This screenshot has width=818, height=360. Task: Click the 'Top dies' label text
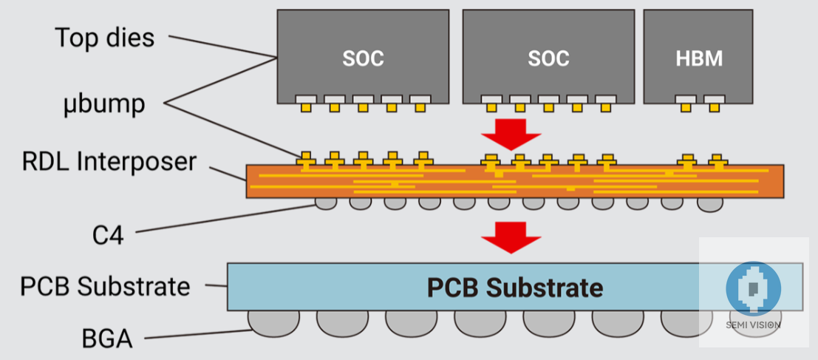105,38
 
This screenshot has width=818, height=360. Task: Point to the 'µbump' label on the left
103,103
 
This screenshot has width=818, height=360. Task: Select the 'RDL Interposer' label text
109,161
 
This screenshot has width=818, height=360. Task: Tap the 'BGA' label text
107,339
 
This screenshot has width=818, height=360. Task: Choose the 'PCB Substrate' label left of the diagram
105,285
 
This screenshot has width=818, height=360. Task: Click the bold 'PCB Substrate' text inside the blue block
515,287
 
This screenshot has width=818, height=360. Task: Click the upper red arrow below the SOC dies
511,133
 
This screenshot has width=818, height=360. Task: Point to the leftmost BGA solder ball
273,320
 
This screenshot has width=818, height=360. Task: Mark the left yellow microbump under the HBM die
686,108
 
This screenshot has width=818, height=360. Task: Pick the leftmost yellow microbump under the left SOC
305,108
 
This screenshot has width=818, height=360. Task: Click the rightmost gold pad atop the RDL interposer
715,160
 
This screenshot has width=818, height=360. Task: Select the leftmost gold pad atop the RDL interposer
305,158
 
